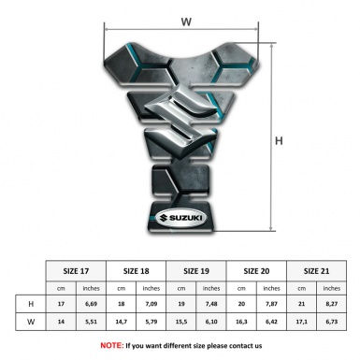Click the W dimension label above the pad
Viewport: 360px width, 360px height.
186,22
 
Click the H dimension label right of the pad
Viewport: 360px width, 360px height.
279,141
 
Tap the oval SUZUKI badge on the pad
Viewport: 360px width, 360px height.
180,218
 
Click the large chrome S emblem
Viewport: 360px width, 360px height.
180,122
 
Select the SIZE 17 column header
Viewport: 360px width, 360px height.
76,271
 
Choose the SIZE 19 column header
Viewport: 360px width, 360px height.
196,271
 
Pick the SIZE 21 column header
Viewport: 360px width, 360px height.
316,271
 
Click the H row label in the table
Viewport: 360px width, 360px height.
31,304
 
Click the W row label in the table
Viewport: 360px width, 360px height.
31,322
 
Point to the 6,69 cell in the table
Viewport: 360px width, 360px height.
91,304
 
